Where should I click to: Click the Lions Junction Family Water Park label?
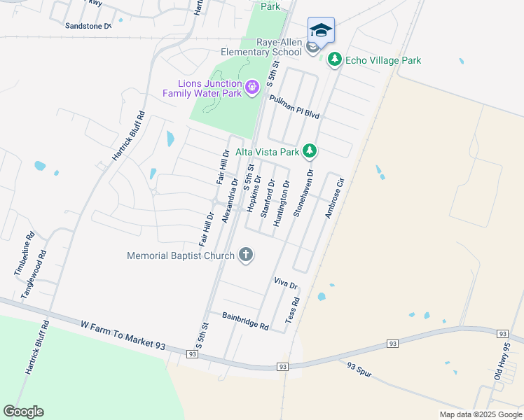tap(202, 87)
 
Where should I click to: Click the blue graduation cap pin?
tap(321, 30)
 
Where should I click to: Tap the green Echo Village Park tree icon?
tap(335, 60)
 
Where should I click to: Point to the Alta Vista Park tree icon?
tap(309, 151)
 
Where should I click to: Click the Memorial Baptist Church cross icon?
tap(246, 255)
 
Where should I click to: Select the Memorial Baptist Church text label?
tap(180, 255)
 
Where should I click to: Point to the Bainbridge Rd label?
tap(245, 322)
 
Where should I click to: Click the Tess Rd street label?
tap(292, 310)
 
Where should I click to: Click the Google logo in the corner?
tap(23, 411)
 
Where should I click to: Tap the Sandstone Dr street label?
tap(88, 26)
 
